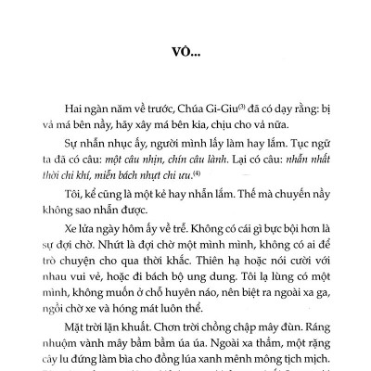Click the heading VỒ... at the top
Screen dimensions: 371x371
pyautogui.click(x=185, y=52)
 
